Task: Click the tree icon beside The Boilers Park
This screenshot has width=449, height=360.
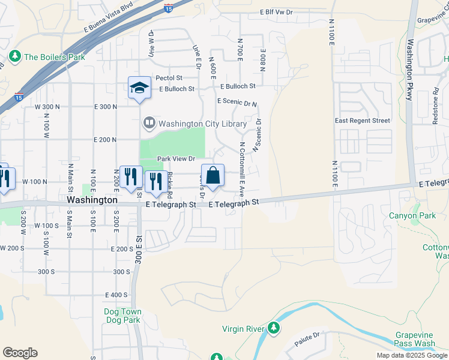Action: (15, 56)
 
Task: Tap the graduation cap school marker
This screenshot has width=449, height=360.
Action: (139, 88)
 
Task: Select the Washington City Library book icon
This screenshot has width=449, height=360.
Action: (149, 124)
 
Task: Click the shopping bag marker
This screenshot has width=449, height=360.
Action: (212, 176)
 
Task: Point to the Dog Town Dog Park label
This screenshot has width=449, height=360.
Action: (122, 316)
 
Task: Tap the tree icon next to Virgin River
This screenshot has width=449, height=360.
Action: (274, 328)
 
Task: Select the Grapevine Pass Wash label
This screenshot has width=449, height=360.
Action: (415, 339)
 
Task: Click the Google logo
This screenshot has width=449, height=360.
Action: (20, 353)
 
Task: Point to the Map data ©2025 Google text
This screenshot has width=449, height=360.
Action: (411, 355)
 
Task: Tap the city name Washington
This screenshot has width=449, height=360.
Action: (92, 199)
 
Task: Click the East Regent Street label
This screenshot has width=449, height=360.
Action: (363, 121)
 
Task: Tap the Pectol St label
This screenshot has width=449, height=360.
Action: (169, 78)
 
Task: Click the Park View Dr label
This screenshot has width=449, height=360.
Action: (176, 158)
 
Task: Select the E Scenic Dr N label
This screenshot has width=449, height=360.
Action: (237, 103)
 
